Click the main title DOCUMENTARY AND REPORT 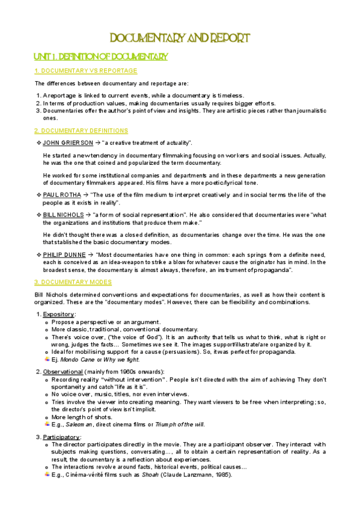click(x=179, y=38)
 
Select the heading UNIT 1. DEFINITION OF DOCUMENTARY click(x=101, y=57)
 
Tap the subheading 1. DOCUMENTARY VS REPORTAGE click(x=86, y=71)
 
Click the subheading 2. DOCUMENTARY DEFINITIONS click(x=81, y=131)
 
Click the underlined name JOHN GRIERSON click(x=68, y=143)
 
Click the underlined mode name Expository click(x=59, y=314)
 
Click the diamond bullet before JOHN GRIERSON click(x=38, y=143)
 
